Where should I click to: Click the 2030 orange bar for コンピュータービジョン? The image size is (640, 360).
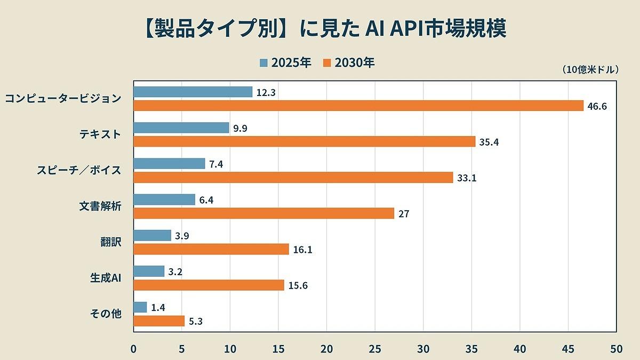point(358,106)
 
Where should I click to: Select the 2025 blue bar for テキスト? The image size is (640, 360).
point(181,128)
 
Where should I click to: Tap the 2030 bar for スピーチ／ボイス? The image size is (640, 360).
point(293,178)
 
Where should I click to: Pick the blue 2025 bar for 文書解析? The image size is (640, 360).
point(164,199)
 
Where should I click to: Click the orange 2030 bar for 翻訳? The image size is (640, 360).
point(211,249)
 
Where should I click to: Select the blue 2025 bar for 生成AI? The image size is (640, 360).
point(149,271)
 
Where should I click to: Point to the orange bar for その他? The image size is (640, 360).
point(159,321)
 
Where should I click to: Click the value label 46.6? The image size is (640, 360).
point(597,106)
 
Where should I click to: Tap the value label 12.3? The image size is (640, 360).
point(266,92)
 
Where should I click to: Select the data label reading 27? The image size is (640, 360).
point(404,214)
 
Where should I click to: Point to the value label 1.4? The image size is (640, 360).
point(159,307)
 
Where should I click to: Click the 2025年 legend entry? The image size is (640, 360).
point(285,63)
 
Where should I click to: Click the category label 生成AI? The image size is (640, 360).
point(106,278)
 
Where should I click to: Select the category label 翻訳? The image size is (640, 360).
point(111,242)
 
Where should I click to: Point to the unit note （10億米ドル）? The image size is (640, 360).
point(590,70)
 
